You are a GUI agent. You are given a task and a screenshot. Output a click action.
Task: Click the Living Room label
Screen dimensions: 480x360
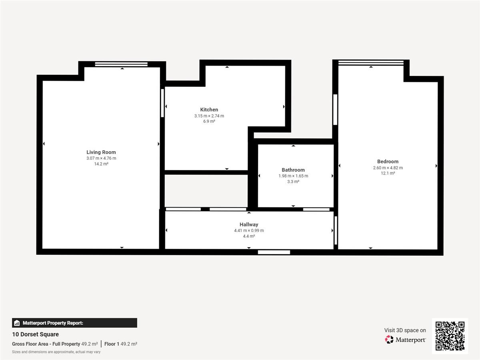pyautogui.click(x=101, y=152)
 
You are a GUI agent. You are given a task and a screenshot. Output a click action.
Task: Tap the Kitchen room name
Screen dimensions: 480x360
pyautogui.click(x=209, y=110)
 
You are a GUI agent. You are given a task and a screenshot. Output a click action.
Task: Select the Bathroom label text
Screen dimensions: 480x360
pyautogui.click(x=293, y=170)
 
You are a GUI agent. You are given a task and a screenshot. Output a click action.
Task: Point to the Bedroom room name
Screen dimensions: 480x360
pyautogui.click(x=388, y=162)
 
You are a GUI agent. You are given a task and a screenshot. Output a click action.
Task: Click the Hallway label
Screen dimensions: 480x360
pyautogui.click(x=249, y=224)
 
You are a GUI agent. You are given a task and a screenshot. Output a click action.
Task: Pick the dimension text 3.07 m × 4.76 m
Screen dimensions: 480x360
pyautogui.click(x=101, y=158)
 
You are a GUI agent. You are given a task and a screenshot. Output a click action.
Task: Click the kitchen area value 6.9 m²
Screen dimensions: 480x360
pyautogui.click(x=209, y=121)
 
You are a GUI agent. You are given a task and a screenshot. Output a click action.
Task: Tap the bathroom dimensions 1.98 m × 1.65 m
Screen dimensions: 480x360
pyautogui.click(x=293, y=176)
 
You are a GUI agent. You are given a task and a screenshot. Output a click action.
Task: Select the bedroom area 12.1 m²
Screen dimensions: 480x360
pyautogui.click(x=388, y=173)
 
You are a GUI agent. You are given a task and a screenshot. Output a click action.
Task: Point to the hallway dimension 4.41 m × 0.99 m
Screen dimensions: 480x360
pyautogui.click(x=249, y=231)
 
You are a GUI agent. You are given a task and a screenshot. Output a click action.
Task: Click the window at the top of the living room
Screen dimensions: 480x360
pyautogui.click(x=121, y=64)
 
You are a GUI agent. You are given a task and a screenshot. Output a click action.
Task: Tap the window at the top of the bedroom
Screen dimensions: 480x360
pyautogui.click(x=371, y=63)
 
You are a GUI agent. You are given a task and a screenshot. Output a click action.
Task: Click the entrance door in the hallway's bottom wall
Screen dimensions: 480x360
pyautogui.click(x=274, y=252)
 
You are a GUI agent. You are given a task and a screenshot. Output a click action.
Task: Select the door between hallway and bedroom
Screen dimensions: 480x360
pyautogui.click(x=336, y=230)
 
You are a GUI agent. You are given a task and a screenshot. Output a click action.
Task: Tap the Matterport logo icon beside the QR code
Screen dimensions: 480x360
pyautogui.click(x=389, y=340)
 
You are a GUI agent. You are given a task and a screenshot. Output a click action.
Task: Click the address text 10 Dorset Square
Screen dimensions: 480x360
pyautogui.click(x=36, y=334)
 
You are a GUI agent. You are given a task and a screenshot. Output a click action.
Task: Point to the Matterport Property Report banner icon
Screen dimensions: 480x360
pyautogui.click(x=17, y=323)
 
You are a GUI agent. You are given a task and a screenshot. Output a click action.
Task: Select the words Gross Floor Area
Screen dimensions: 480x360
pyautogui.click(x=30, y=344)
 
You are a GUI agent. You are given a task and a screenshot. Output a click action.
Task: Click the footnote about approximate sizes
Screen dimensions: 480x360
pyautogui.click(x=56, y=352)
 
